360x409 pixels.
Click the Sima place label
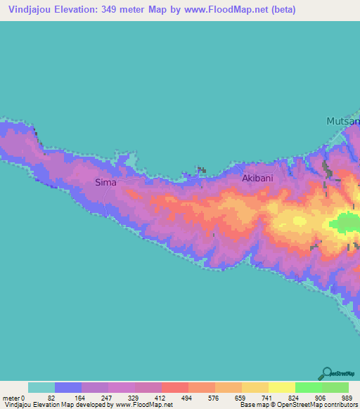point(105,183)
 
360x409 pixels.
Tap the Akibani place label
point(257,178)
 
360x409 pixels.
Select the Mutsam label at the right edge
point(343,122)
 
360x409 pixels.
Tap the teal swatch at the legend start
point(41,387)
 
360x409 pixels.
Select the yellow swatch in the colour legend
point(282,387)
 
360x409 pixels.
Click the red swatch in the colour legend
point(175,387)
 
